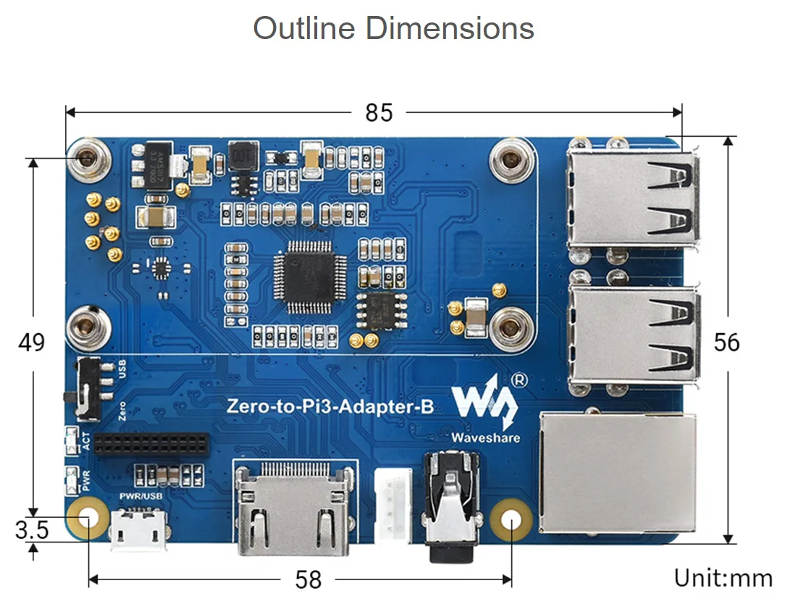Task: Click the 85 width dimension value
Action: point(379,113)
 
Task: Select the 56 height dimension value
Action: point(726,342)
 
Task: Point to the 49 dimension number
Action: point(31,342)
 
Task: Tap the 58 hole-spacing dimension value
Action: point(308,579)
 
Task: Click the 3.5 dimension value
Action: point(31,530)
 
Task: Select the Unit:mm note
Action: point(723,578)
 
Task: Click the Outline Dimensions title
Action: point(393,29)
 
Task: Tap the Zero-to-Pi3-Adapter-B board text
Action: point(330,406)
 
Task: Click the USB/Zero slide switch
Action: point(91,388)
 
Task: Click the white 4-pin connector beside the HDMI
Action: point(392,503)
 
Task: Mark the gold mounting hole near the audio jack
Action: point(511,519)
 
